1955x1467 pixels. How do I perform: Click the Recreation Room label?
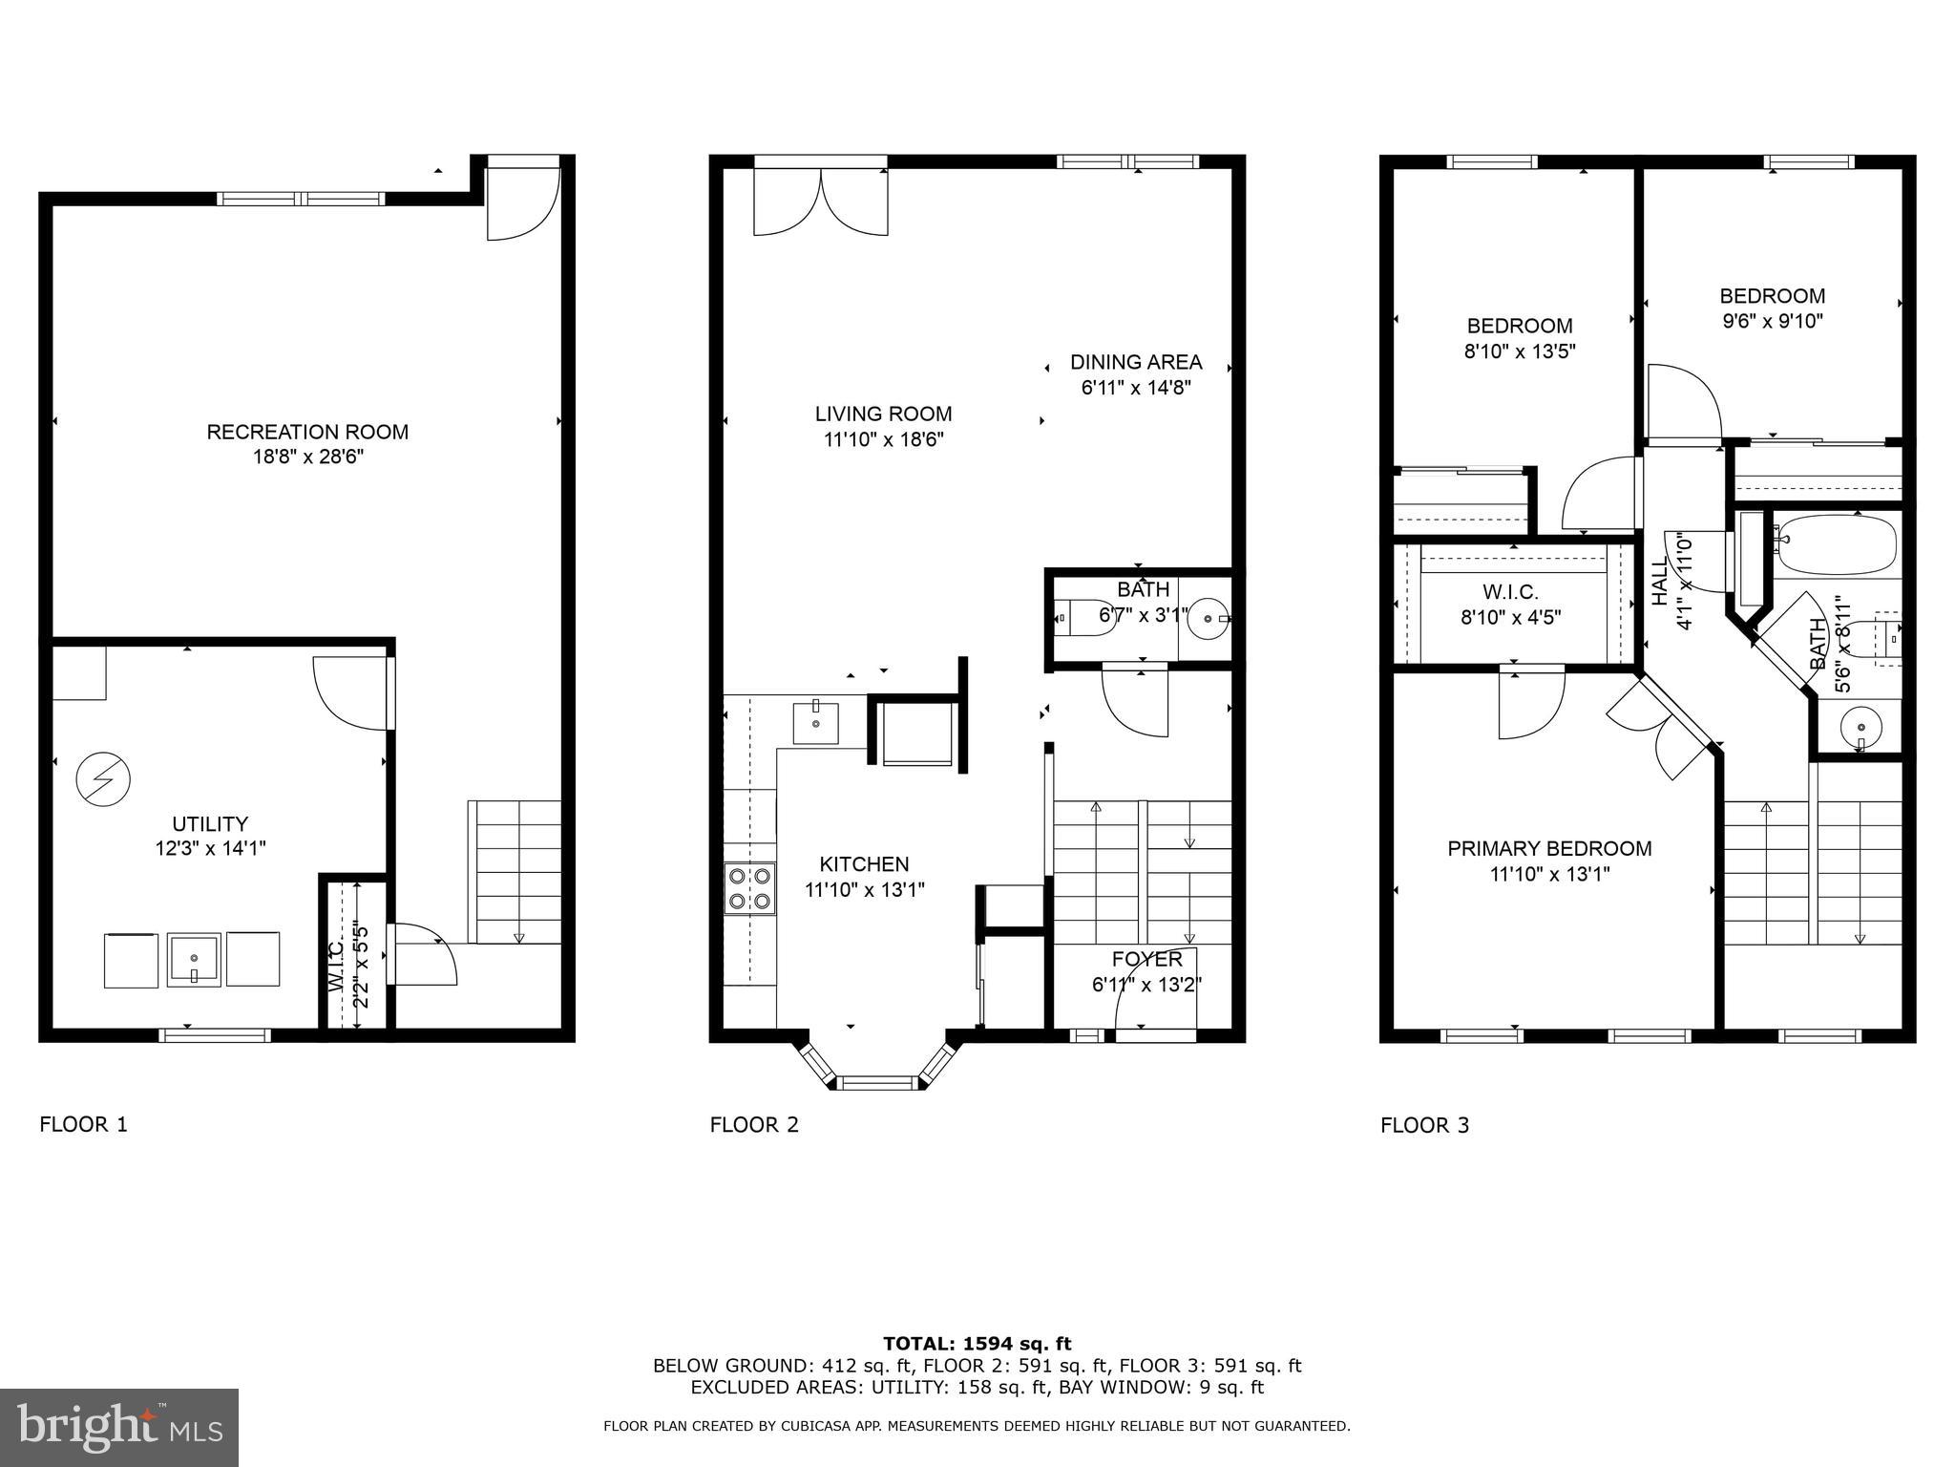click(x=307, y=433)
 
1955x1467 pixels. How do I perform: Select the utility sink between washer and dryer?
click(x=195, y=959)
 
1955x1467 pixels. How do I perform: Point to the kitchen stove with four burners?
click(x=749, y=888)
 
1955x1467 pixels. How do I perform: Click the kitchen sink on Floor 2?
click(x=816, y=723)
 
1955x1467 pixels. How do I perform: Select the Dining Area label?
click(x=1135, y=363)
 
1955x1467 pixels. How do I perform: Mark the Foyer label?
click(x=1146, y=959)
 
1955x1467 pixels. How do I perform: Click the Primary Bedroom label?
click(x=1549, y=848)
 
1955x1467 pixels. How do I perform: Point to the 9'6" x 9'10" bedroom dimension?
click(x=1772, y=322)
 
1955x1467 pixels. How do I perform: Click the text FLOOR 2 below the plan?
click(x=754, y=1125)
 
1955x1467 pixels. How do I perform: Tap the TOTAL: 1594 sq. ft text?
click(x=977, y=1345)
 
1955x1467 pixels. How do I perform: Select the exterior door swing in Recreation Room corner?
click(x=522, y=203)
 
